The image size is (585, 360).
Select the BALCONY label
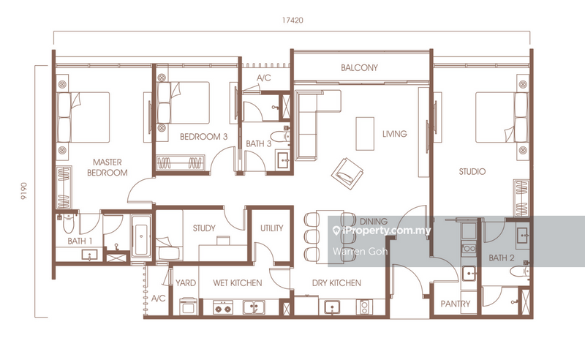pos(359,68)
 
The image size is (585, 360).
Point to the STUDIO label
pos(472,172)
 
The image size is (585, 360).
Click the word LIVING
pos(394,134)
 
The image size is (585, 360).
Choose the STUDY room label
pos(204,228)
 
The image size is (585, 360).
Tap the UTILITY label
pos(272,228)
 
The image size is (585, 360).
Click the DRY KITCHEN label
pos(337,282)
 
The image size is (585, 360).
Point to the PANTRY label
pos(455,304)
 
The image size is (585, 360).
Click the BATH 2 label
pos(502,258)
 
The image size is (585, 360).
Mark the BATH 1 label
pos(80,241)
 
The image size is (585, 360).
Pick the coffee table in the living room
pos(364,134)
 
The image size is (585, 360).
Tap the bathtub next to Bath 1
pos(142,238)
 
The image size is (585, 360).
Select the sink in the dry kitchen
pos(333,308)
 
